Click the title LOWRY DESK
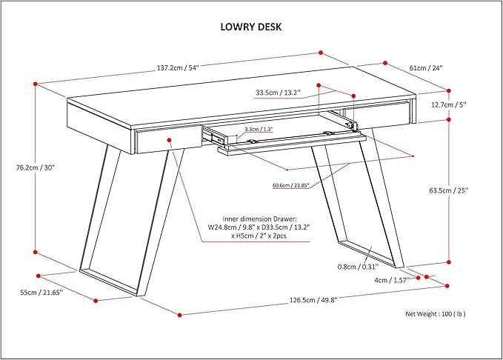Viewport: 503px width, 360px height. [x=250, y=27]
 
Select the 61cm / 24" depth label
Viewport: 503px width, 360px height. [x=426, y=67]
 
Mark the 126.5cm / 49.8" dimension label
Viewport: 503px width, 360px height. [x=309, y=300]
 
